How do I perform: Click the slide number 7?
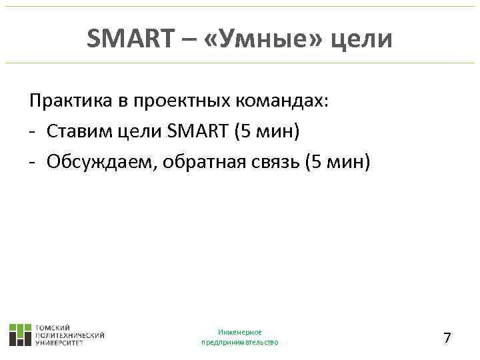coord(447,338)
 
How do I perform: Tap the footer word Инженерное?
coord(239,332)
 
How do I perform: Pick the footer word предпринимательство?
coord(239,343)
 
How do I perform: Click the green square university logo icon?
coord(20,335)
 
